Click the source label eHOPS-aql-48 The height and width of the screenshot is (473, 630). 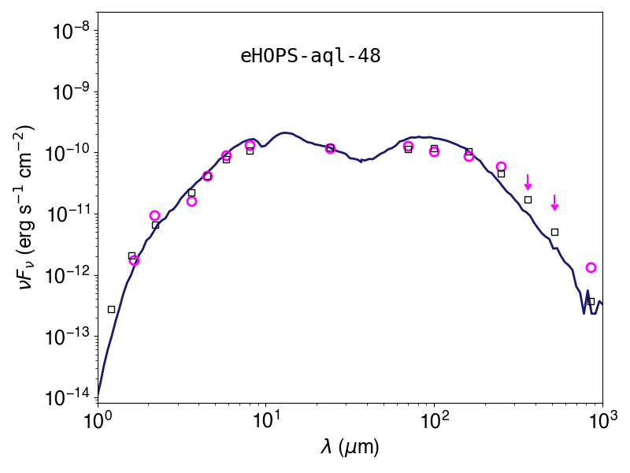point(310,56)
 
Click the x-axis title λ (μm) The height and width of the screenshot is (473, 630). point(350,447)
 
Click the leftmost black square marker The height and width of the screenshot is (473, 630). point(111,309)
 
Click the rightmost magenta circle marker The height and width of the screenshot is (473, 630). point(591,267)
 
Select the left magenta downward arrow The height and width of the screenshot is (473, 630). point(528,182)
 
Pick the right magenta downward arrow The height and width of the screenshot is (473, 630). point(554,203)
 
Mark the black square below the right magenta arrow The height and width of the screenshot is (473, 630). point(554,232)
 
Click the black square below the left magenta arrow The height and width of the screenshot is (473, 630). point(528,200)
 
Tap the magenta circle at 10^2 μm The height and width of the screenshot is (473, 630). point(434,152)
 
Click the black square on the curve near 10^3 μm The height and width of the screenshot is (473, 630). point(591,302)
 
